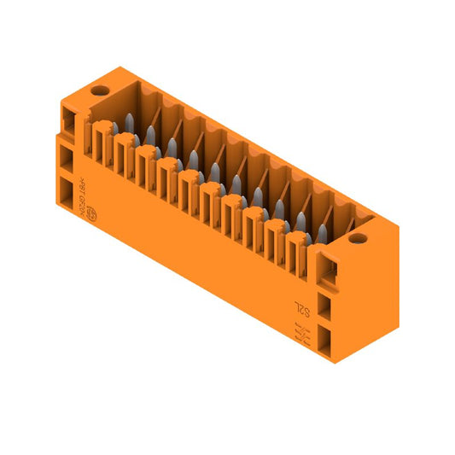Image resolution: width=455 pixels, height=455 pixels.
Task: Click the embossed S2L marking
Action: click(x=300, y=306)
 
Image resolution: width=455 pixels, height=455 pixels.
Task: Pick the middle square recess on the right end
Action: click(x=326, y=305)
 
